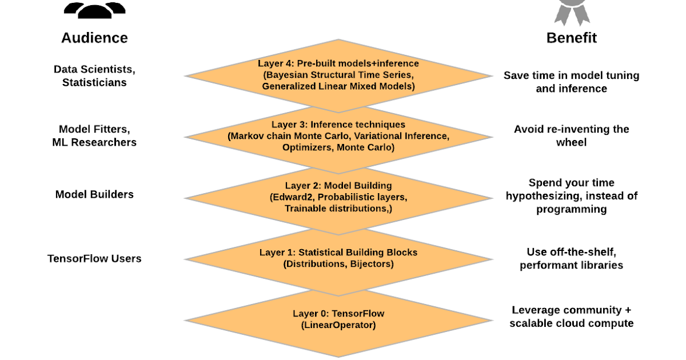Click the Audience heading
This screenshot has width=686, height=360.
tap(94, 38)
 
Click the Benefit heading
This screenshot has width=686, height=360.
tap(572, 38)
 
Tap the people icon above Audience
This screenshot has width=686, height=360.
tap(94, 10)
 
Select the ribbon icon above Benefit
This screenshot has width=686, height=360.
tap(572, 12)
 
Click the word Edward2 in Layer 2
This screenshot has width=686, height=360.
tap(292, 197)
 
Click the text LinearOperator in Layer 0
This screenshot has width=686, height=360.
tap(338, 325)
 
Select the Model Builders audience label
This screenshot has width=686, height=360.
tap(94, 194)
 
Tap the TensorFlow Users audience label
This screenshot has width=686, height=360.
tap(94, 259)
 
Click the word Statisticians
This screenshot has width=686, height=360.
tap(94, 83)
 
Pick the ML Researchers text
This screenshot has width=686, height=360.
tap(94, 142)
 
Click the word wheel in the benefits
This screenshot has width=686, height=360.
tap(572, 142)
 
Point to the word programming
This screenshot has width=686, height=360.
tap(572, 209)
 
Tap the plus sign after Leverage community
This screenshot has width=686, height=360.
tap(628, 310)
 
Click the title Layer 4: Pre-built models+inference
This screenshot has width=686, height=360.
tap(338, 63)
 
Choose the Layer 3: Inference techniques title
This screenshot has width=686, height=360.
tap(338, 125)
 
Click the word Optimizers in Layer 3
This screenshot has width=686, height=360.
tap(308, 147)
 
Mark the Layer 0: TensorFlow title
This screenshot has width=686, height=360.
tap(338, 314)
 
